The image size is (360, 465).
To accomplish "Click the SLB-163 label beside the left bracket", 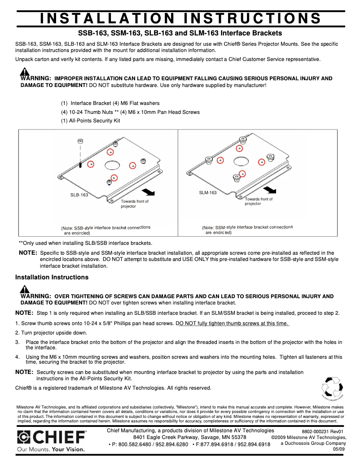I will coord(79,195).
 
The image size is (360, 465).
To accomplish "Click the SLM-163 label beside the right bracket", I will coord(208,193).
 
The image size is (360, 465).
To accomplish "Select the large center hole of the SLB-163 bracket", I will coord(111,165).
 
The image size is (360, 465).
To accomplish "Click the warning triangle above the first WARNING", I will coord(25,72).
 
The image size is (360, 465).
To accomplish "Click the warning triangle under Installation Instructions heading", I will coord(25,289).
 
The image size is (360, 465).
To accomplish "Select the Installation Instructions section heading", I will coord(52,277).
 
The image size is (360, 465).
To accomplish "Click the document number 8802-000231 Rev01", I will coord(322,431).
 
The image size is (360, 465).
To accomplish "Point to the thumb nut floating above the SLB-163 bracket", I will coord(80,142).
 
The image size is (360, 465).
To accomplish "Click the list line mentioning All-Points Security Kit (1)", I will coord(91,121).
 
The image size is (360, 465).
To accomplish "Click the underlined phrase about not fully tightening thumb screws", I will coord(233,324).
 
